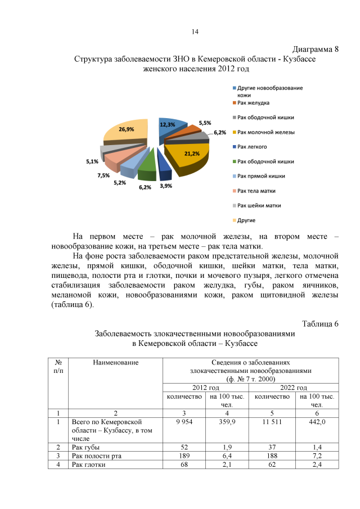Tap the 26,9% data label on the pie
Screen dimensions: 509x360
(126, 129)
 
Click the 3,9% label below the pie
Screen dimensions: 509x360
(166, 186)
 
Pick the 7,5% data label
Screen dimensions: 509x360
(103, 175)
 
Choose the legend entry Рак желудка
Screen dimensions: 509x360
(253, 103)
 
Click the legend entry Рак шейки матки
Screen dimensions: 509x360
(259, 205)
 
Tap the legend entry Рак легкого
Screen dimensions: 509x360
(252, 147)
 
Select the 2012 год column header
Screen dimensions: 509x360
(206, 388)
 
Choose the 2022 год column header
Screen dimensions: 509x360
(294, 388)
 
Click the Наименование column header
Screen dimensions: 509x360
(116, 362)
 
